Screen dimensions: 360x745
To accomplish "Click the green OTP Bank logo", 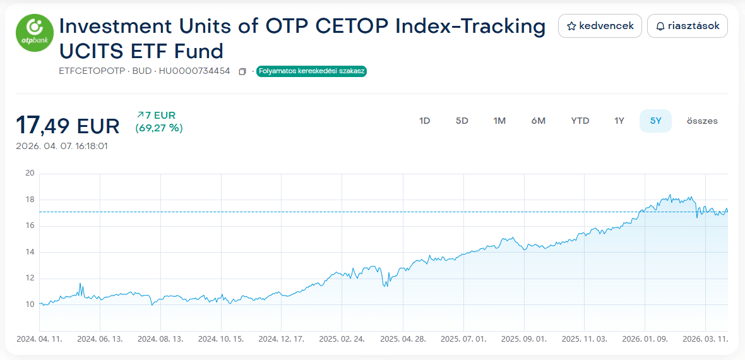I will pos(35,35).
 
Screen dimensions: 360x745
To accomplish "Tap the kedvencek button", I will pos(600,26).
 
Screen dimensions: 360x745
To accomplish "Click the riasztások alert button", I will pos(688,26).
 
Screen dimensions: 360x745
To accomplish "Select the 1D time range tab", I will pos(424,121).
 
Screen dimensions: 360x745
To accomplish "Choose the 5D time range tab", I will pos(462,121).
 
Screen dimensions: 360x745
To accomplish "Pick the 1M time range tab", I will pos(499,121).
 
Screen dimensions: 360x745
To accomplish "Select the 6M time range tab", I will pos(538,121).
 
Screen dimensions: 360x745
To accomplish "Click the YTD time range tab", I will pos(580,121).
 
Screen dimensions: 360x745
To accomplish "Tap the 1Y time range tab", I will pos(619,121).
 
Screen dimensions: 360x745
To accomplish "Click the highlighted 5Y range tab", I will pos(655,121).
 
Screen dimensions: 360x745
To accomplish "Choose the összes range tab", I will pos(702,121).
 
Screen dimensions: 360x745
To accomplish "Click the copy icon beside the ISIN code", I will pos(242,71).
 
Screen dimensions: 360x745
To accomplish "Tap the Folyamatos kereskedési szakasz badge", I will pos(311,71).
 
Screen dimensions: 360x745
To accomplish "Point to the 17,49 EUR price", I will pos(68,126).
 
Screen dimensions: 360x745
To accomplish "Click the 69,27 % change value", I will pos(158,128).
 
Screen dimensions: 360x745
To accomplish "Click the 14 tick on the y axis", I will pos(30,252).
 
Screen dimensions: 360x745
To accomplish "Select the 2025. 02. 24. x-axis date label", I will pos(342,339).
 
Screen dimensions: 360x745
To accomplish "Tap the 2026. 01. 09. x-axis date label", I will pos(645,339).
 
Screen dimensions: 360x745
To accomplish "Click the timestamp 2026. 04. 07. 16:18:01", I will pos(62,146).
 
